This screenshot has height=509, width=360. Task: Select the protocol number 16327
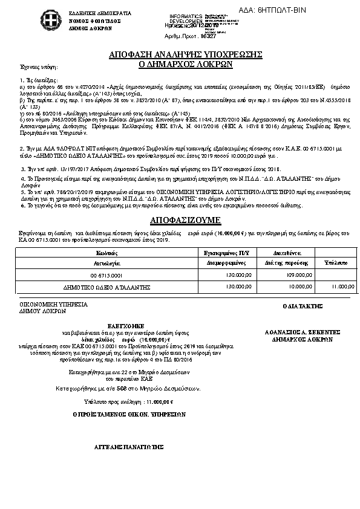click(x=208, y=36)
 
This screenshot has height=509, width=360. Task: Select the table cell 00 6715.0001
click(x=106, y=275)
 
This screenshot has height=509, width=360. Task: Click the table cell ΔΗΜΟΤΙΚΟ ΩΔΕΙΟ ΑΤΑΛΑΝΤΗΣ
click(x=106, y=287)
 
